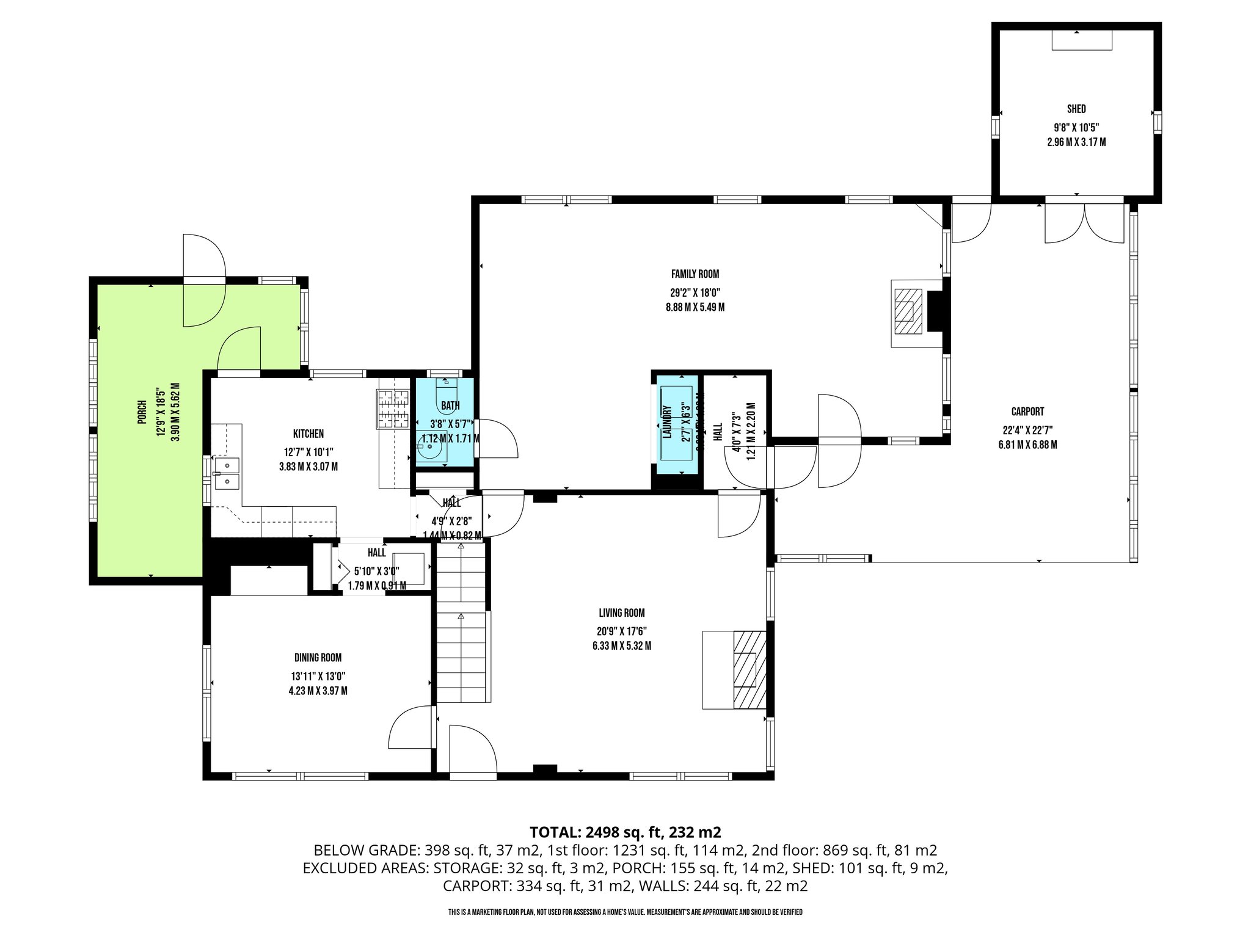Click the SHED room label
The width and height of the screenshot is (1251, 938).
coord(1076,109)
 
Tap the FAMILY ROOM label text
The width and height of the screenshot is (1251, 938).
coord(695,274)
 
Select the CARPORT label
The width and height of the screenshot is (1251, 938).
coord(1027,412)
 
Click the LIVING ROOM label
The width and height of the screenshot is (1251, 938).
coord(621,613)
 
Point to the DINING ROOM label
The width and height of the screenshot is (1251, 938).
coord(318,658)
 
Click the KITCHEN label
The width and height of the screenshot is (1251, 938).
coord(308,434)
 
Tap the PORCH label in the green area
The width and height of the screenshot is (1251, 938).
coord(142,412)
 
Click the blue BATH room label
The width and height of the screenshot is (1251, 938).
coord(450,405)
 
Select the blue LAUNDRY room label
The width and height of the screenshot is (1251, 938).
coord(667,422)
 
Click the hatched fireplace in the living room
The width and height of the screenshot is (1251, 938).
coord(749,669)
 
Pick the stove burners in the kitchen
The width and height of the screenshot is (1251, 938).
coord(393,409)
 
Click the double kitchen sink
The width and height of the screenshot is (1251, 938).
coord(226,474)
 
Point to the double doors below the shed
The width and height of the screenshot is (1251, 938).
coord(1084,223)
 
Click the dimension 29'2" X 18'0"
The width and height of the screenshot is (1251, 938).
coord(695,293)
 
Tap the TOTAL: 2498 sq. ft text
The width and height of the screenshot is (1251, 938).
coord(625,832)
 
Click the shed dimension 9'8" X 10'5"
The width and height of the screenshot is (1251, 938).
coord(1076,128)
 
